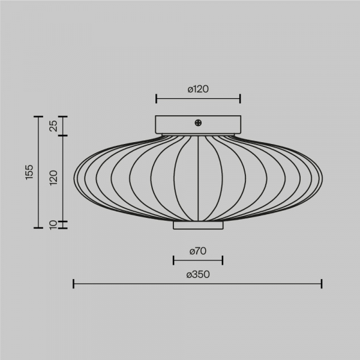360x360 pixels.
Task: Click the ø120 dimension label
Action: tap(198, 89)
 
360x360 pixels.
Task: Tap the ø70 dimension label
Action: tap(198, 251)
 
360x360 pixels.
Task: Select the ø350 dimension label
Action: tap(198, 274)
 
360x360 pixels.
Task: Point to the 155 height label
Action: tap(29, 172)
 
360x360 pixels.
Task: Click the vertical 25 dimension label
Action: tap(54, 126)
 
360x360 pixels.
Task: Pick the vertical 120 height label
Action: tap(54, 178)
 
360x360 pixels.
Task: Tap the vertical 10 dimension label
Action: tap(53, 225)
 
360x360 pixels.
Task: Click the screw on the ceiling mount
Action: tap(198, 123)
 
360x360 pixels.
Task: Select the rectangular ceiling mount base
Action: tap(198, 125)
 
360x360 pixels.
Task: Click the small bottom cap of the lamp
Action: tap(198, 225)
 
